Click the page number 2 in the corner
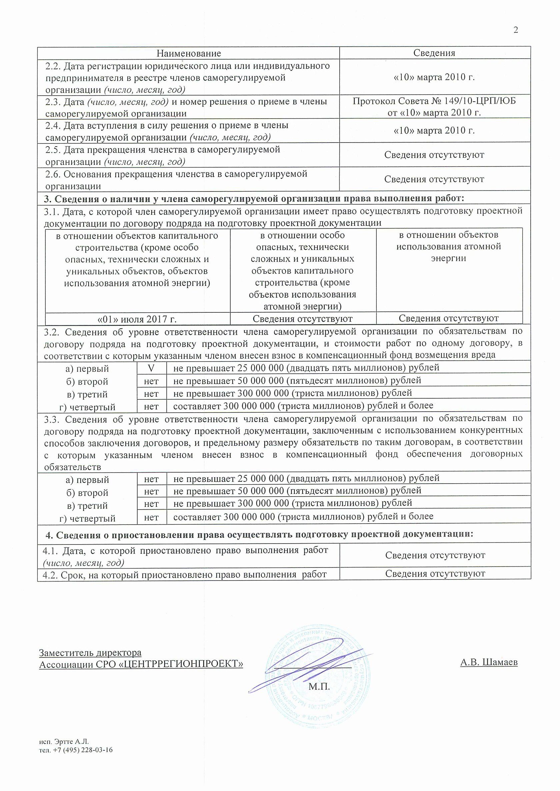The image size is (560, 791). click(x=516, y=30)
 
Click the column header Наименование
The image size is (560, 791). click(x=189, y=53)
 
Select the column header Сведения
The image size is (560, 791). click(x=434, y=53)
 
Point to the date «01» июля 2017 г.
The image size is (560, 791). click(x=137, y=319)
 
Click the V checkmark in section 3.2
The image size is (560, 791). click(x=151, y=368)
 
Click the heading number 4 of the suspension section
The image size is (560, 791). click(x=49, y=535)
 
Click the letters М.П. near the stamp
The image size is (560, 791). click(x=319, y=687)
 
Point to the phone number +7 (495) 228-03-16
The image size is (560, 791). click(x=83, y=750)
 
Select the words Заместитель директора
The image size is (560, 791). click(x=90, y=653)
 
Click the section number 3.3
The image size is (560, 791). click(x=51, y=419)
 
